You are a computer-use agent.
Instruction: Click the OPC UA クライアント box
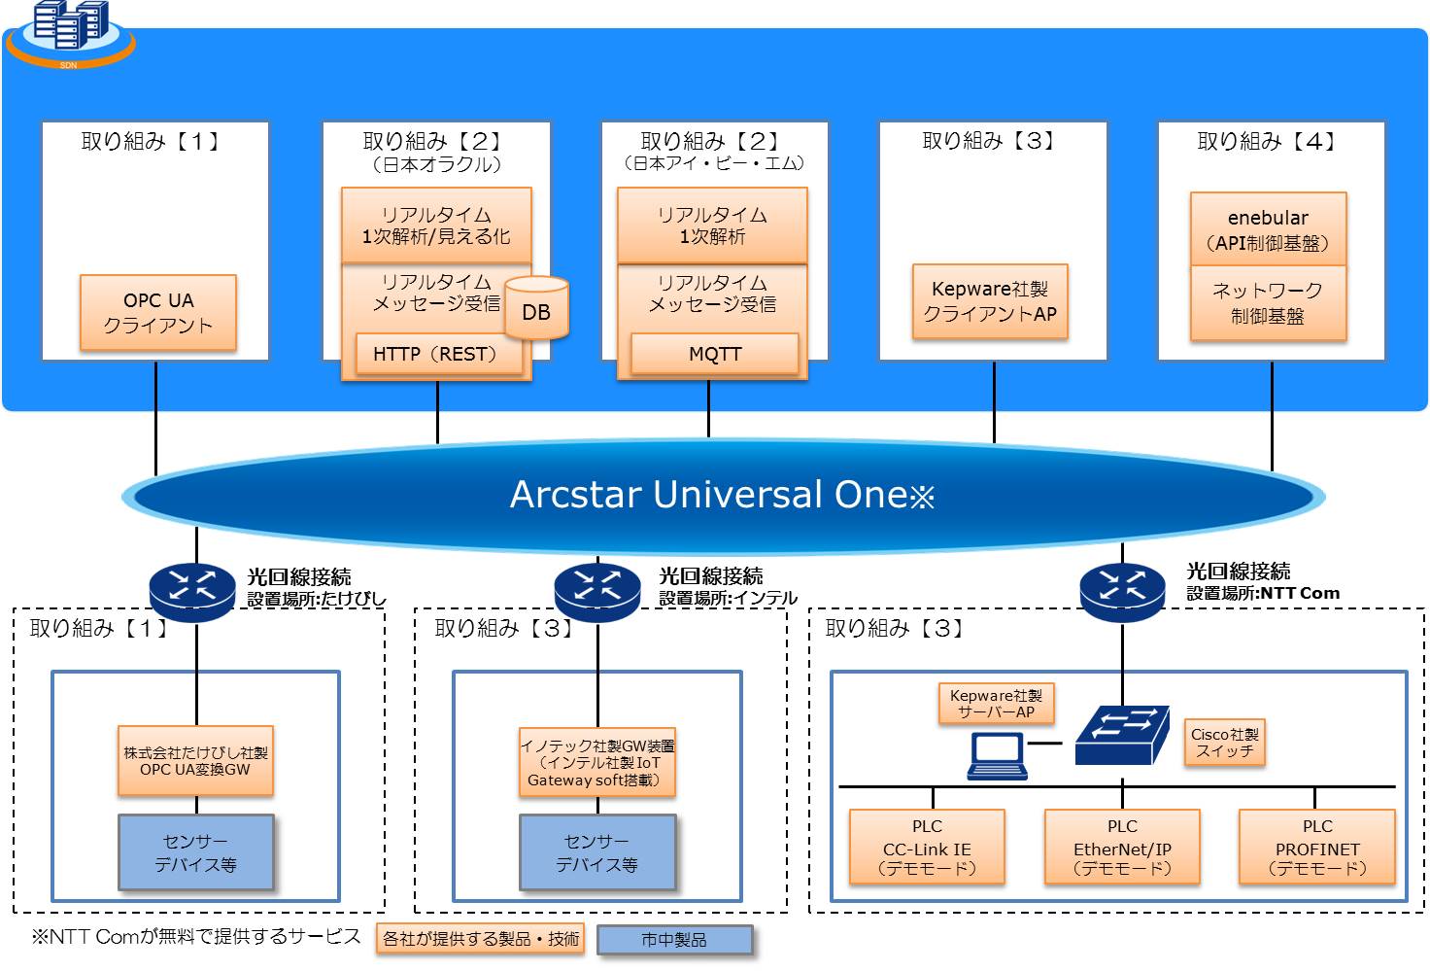tap(158, 312)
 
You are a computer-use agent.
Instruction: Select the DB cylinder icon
tap(536, 308)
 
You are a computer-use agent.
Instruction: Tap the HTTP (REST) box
tap(438, 353)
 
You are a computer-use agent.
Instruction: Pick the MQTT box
tap(714, 353)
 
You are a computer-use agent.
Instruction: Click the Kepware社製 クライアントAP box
tap(990, 301)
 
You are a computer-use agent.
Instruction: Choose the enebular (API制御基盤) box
tap(1269, 229)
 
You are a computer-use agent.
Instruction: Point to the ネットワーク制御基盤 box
tap(1269, 303)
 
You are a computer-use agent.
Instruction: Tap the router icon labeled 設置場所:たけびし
tap(192, 592)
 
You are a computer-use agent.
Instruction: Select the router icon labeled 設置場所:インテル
tap(597, 592)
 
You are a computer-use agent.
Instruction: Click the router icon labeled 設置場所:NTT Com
tap(1122, 592)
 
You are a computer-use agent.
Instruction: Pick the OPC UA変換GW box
tap(195, 760)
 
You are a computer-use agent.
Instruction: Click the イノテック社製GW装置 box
tap(597, 762)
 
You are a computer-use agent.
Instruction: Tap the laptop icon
tap(997, 756)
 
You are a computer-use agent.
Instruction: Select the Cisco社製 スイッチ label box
tap(1224, 743)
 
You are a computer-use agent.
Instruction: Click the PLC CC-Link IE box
tap(927, 847)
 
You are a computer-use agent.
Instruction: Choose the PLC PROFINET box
tap(1317, 847)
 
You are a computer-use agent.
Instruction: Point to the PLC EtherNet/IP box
tap(1122, 847)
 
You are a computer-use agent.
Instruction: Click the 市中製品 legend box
tap(675, 940)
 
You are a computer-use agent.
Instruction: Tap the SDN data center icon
tap(70, 33)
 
